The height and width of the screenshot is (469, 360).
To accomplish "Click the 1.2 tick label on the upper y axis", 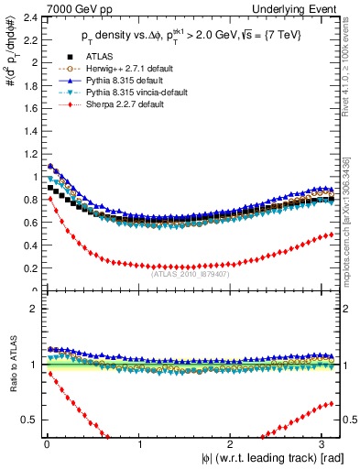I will coord(28,155).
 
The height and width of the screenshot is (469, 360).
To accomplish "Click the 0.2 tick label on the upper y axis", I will coord(28,268).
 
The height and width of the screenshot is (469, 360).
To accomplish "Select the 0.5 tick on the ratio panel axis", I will coord(28,420).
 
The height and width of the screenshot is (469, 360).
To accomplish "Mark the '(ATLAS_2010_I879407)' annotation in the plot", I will coord(190,273).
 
